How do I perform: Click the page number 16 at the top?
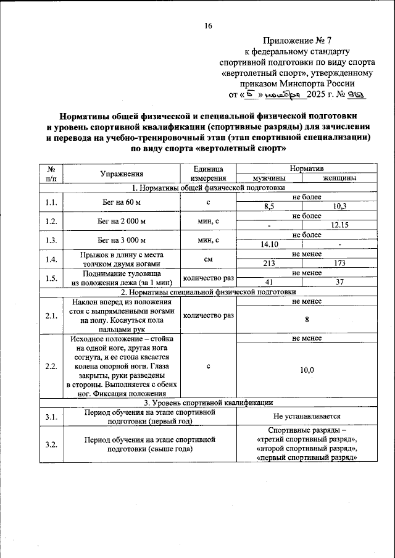[208, 25]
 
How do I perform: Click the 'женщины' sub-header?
[339, 178]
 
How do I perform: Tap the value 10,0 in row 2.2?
[307, 370]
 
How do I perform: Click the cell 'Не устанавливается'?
[307, 417]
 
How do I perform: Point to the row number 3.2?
[51, 444]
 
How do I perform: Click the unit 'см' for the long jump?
[208, 259]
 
